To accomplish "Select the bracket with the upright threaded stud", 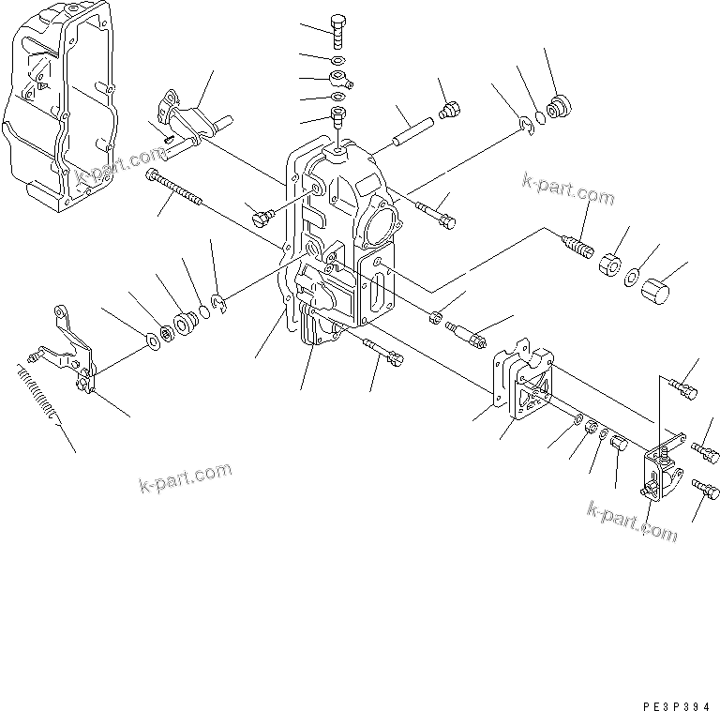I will [661, 468].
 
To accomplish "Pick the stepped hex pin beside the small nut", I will [468, 332].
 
